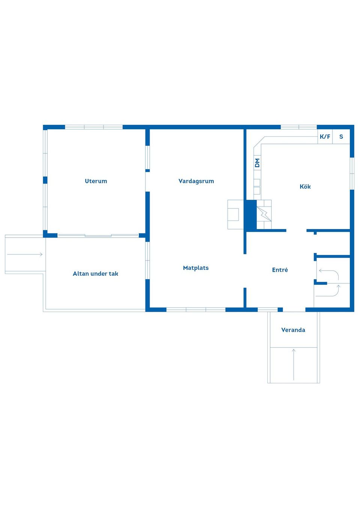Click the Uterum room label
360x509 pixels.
(x=96, y=181)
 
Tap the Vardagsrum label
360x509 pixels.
(x=196, y=181)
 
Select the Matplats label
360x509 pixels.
(x=196, y=268)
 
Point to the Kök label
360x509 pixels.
(x=305, y=187)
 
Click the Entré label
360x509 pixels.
(x=280, y=270)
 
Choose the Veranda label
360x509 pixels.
(x=293, y=330)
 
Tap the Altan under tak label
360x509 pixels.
(x=96, y=274)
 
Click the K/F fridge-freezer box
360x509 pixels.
(x=325, y=136)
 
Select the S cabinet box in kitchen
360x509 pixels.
(x=341, y=136)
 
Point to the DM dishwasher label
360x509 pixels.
(x=257, y=163)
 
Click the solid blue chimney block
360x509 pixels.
(x=250, y=215)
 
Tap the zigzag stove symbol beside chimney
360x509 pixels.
(x=264, y=214)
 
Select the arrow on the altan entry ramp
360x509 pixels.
(x=25, y=254)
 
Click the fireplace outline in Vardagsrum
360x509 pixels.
(x=235, y=214)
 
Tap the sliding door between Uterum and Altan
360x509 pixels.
(x=98, y=235)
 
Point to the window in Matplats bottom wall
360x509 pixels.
(x=196, y=310)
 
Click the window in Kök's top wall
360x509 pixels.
(x=298, y=127)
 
